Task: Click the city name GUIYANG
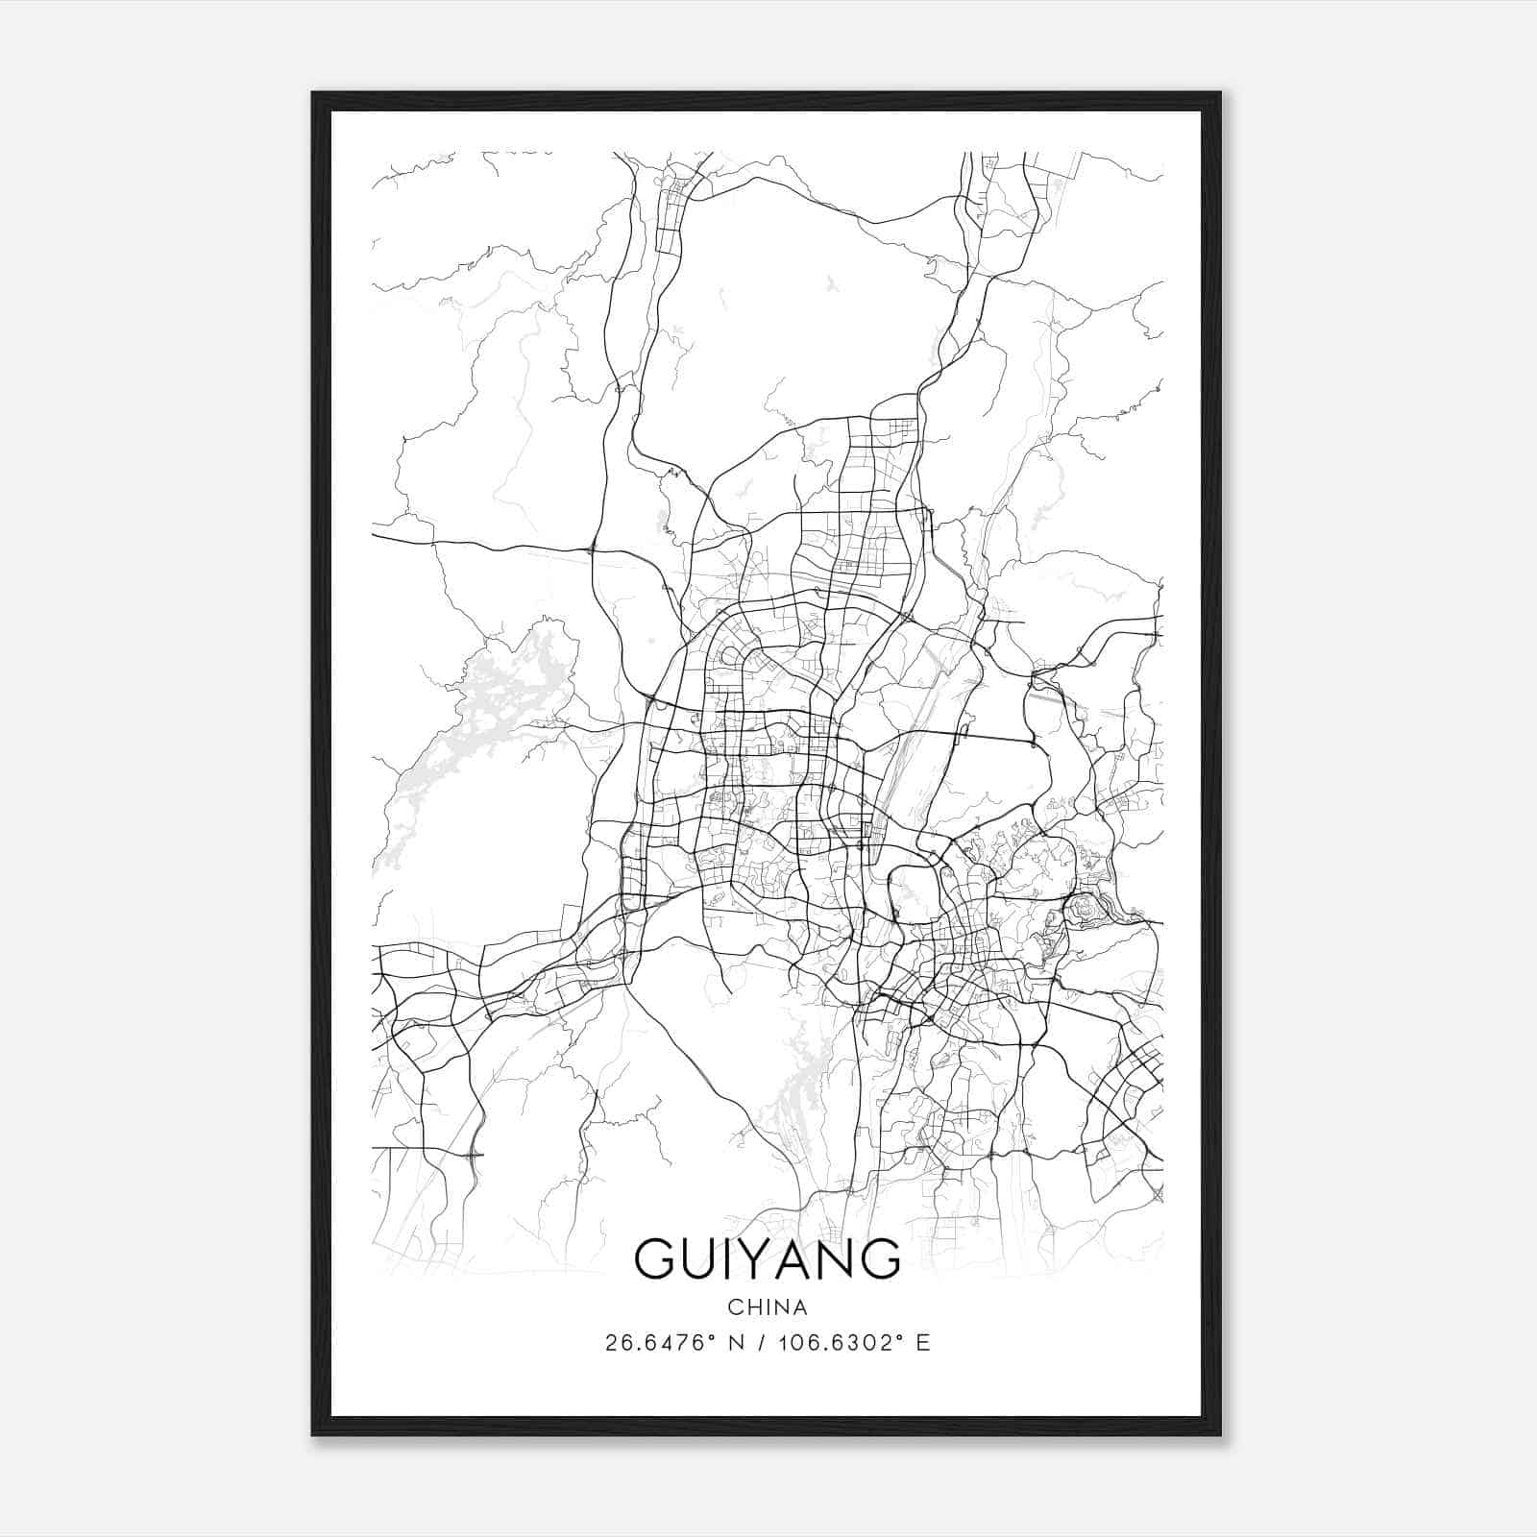point(768,1258)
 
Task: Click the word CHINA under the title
point(768,1307)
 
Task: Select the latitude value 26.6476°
point(661,1343)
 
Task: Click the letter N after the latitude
point(738,1343)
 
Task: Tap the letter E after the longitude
point(923,1343)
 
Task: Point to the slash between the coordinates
point(764,1343)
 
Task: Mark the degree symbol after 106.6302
point(900,1336)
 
